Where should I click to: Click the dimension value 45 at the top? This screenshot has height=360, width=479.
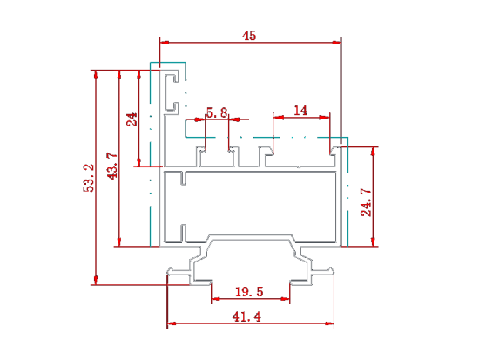point(249,36)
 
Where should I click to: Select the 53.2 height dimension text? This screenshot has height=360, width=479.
point(89,178)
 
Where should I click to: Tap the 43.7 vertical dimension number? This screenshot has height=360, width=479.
point(112,166)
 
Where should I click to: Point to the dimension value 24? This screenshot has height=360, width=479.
point(132,119)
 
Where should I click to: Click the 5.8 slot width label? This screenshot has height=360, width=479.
point(217,112)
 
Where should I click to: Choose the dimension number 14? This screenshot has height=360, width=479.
point(300,111)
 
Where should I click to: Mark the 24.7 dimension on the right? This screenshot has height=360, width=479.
point(366,202)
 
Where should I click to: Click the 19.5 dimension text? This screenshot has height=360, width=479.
point(249,291)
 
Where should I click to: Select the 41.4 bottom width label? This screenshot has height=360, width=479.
point(246,316)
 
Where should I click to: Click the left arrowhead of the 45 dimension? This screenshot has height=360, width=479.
point(165,42)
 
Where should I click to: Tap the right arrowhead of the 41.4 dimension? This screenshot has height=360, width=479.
point(329,323)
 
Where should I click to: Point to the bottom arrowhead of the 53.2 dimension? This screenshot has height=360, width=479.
point(96,280)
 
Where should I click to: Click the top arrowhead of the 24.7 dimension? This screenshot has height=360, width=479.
point(373,152)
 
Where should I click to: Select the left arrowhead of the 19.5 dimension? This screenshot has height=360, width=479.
point(216,298)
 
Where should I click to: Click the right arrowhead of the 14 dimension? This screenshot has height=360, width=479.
point(325,117)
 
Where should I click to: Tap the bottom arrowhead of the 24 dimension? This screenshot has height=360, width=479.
point(139,162)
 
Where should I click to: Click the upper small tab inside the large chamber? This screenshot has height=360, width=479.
point(183,179)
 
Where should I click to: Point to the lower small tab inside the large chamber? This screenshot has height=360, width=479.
point(183,232)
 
